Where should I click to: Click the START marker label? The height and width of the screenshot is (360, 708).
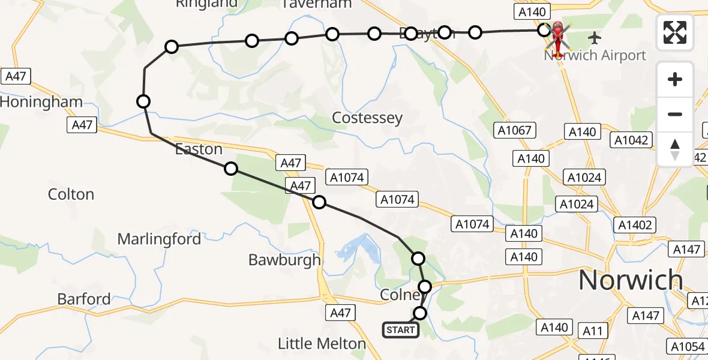(x=401, y=330)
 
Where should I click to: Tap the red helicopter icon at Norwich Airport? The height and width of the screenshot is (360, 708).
(x=558, y=38)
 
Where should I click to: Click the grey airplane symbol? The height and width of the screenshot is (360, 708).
(x=595, y=38)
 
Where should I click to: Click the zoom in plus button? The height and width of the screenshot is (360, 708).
(x=675, y=80)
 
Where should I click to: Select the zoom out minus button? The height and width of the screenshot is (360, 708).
(x=675, y=114)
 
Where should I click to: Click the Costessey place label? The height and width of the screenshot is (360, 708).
(x=367, y=118)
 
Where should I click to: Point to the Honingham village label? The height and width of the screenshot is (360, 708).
(x=41, y=102)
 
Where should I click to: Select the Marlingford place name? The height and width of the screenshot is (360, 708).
(x=159, y=239)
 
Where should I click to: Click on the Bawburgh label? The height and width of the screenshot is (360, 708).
(x=284, y=260)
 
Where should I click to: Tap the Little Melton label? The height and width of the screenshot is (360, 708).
(x=322, y=344)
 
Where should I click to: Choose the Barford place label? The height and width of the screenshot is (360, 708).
(x=84, y=299)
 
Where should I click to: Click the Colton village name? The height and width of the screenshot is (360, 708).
(x=71, y=194)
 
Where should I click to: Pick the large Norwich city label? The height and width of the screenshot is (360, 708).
(x=631, y=280)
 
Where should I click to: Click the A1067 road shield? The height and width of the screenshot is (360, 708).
(x=515, y=130)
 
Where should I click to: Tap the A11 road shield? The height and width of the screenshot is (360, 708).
(x=594, y=330)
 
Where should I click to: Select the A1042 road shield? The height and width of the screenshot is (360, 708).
(x=631, y=140)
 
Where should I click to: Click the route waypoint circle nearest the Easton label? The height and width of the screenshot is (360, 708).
(x=231, y=169)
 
